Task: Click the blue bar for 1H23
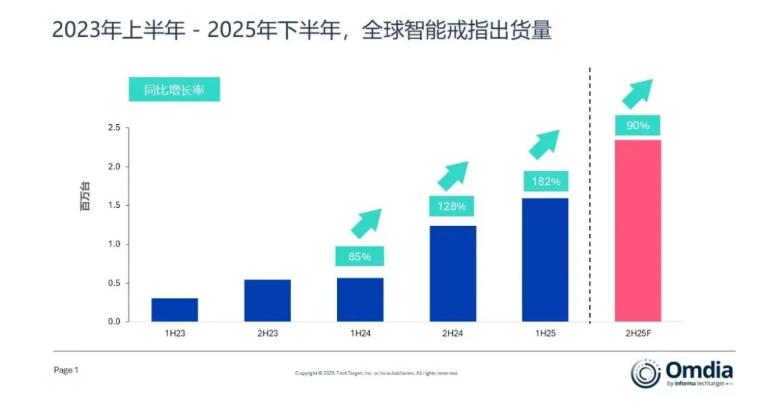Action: click(174, 310)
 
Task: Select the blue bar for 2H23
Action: click(267, 301)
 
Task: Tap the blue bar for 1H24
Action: click(360, 299)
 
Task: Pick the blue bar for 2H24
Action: click(453, 273)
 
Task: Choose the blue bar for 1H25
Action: click(545, 259)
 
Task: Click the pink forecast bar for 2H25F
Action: click(638, 231)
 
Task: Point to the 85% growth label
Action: click(359, 256)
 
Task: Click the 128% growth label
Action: click(452, 207)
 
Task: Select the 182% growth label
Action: click(545, 181)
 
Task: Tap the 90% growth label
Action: click(638, 125)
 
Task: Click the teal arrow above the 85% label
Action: click(366, 223)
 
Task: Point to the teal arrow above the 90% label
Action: click(637, 93)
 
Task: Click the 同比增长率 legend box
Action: click(174, 90)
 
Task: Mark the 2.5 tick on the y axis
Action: click(114, 128)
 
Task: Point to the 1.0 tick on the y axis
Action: click(114, 244)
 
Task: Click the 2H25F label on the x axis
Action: click(638, 333)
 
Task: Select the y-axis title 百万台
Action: click(86, 196)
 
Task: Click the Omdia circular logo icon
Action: click(645, 373)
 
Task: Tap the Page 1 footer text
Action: click(66, 370)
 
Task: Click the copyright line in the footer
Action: click(376, 373)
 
